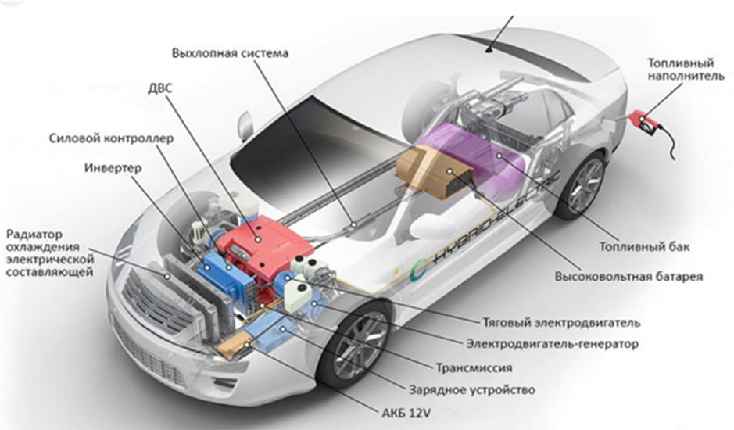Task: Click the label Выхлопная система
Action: (x=230, y=52)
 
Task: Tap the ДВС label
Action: (x=160, y=88)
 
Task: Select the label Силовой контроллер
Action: (x=112, y=138)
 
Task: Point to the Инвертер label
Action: (x=113, y=167)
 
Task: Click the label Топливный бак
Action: (x=645, y=246)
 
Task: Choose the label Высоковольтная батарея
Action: (x=628, y=276)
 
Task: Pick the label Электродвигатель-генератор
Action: (x=553, y=344)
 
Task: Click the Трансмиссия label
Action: (x=474, y=367)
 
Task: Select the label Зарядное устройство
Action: (x=472, y=389)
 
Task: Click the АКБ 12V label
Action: (x=406, y=413)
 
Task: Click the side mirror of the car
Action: (x=245, y=126)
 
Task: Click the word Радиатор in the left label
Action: (x=34, y=235)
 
